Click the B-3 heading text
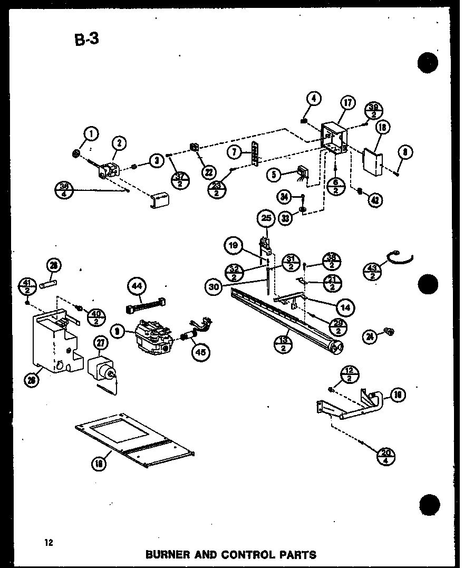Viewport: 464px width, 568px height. click(x=86, y=39)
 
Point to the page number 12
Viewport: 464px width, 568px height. click(x=49, y=542)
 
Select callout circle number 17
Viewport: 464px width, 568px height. click(x=349, y=104)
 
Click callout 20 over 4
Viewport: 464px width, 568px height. click(x=386, y=455)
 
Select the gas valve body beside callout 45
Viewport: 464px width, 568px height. click(x=153, y=336)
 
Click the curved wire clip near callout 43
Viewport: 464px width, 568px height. click(x=401, y=258)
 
